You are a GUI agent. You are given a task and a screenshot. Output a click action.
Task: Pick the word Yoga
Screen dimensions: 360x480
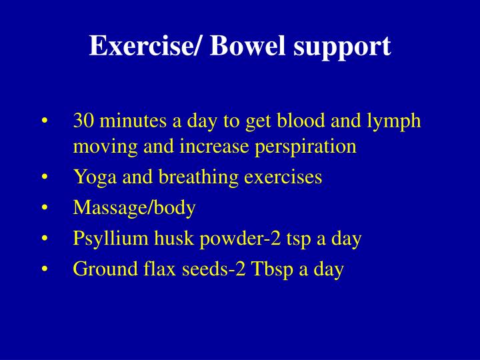[91, 177]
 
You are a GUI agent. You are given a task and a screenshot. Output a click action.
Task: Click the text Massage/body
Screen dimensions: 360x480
[135, 209]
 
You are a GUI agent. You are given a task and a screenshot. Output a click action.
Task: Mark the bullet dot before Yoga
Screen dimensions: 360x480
[44, 178]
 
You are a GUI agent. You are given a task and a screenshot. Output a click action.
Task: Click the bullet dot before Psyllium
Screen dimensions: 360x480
[44, 239]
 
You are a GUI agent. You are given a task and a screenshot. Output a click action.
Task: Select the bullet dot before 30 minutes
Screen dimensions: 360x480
[44, 121]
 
